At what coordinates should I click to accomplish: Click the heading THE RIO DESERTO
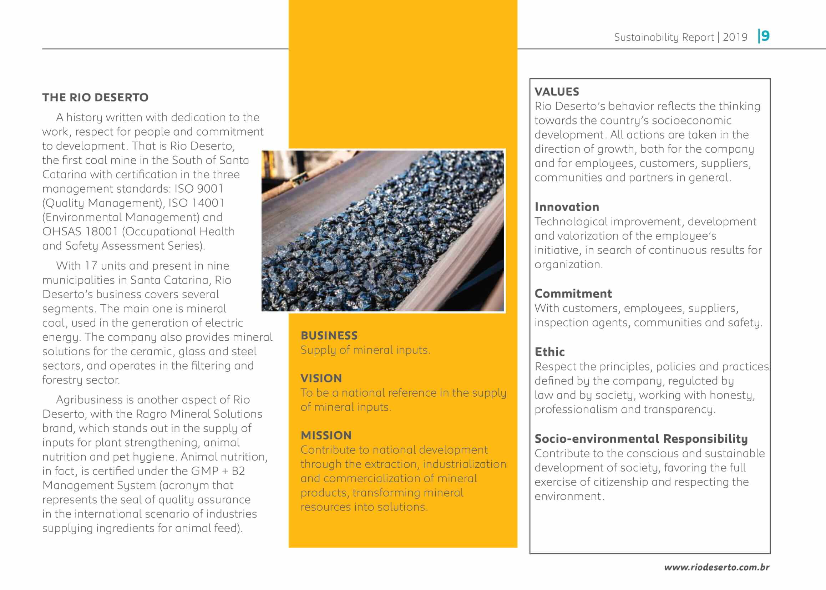click(95, 97)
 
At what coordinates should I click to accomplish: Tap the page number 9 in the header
click(765, 36)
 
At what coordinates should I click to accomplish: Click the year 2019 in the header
click(735, 37)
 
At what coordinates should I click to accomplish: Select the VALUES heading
click(557, 92)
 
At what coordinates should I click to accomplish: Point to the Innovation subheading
click(567, 207)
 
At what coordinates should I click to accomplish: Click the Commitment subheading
click(573, 294)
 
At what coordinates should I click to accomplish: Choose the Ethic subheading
click(549, 352)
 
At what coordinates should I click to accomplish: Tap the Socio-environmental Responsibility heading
click(641, 439)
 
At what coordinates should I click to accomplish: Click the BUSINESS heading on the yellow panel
click(329, 335)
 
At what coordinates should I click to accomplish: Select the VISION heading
click(321, 378)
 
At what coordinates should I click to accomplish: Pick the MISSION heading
click(326, 435)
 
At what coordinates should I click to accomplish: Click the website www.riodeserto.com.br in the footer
click(716, 567)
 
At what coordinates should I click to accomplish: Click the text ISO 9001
click(199, 189)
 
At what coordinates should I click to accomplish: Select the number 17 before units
click(91, 266)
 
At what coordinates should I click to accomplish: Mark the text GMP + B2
click(218, 471)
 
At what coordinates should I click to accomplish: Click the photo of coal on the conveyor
click(382, 231)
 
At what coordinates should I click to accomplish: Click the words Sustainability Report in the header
click(664, 37)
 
